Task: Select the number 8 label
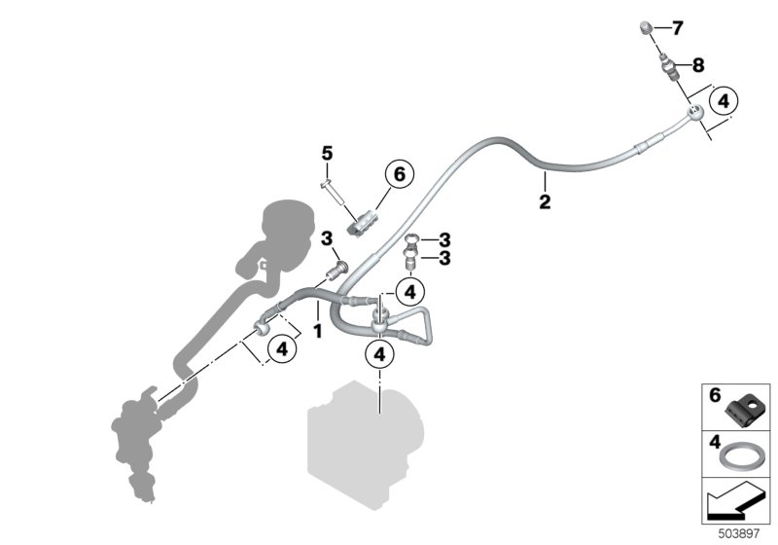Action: tap(697, 65)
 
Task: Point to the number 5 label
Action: tap(327, 153)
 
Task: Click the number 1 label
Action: tap(317, 331)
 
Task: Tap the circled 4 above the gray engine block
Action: tap(379, 355)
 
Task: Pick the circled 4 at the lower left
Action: tap(281, 347)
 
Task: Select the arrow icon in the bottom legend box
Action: tap(734, 502)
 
